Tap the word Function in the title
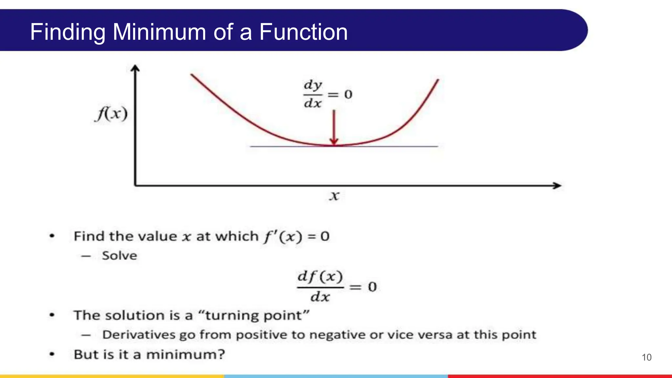pos(303,32)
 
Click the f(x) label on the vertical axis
pos(112,114)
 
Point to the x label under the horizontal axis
pos(334,196)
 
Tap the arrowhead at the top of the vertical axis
pos(135,68)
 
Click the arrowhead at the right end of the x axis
pos(557,185)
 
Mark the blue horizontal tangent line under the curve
pos(394,146)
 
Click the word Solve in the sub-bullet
pos(119,256)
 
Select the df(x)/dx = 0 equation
pos(336,286)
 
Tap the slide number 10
pos(646,357)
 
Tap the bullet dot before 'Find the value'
pos(52,236)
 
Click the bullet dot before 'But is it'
pos(52,354)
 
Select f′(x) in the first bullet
pos(283,236)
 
